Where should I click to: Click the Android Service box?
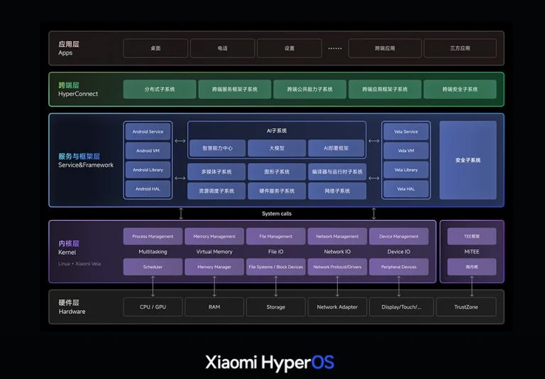click(x=148, y=131)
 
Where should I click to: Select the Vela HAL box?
click(x=406, y=189)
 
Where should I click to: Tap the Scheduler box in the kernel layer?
click(x=153, y=267)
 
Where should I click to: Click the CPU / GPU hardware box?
click(x=153, y=307)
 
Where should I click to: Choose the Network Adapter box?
click(x=337, y=307)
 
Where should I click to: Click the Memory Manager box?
click(x=214, y=267)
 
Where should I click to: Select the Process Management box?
click(x=153, y=236)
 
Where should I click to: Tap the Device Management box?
click(x=399, y=236)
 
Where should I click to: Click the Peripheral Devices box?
click(x=399, y=267)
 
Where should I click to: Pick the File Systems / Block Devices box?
click(x=275, y=267)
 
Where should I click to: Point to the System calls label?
click(x=276, y=214)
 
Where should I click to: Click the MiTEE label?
click(x=471, y=251)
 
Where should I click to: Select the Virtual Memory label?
click(x=214, y=251)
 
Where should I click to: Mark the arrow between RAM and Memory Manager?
click(x=214, y=286)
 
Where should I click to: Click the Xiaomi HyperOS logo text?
click(x=269, y=362)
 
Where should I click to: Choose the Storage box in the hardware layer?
click(x=275, y=307)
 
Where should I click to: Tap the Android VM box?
click(x=148, y=150)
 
